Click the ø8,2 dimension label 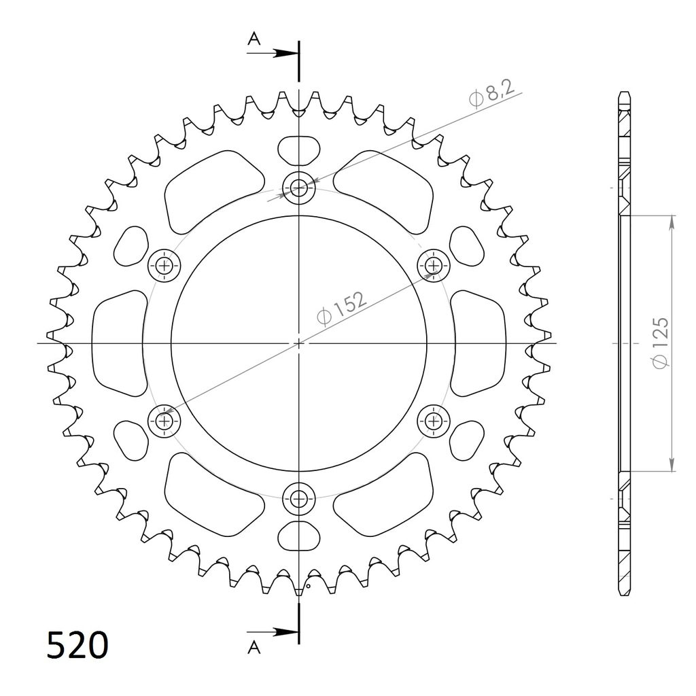(491, 93)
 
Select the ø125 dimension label (660, 343)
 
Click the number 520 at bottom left (77, 645)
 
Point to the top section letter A (254, 39)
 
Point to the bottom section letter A (254, 648)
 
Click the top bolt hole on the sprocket (299, 188)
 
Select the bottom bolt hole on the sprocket (299, 499)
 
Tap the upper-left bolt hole (164, 266)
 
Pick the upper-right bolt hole (434, 266)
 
